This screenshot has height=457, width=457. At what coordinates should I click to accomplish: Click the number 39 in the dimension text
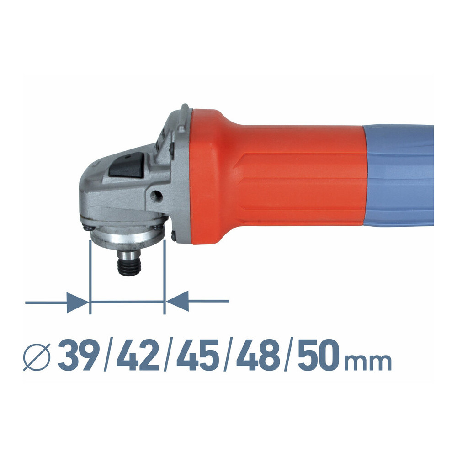coord(78,355)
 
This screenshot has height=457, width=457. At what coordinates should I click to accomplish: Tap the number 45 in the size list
coord(197,355)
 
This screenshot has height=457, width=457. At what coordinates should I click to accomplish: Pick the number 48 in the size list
coord(258,355)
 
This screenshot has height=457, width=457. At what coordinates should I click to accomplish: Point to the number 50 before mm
coord(319,355)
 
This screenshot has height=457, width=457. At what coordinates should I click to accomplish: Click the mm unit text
coord(367,361)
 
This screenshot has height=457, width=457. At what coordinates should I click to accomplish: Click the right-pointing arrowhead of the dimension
coord(78,303)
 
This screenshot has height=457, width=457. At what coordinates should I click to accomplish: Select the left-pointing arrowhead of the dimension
coord(177,301)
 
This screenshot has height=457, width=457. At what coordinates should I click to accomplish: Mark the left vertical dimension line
coord(90,277)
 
